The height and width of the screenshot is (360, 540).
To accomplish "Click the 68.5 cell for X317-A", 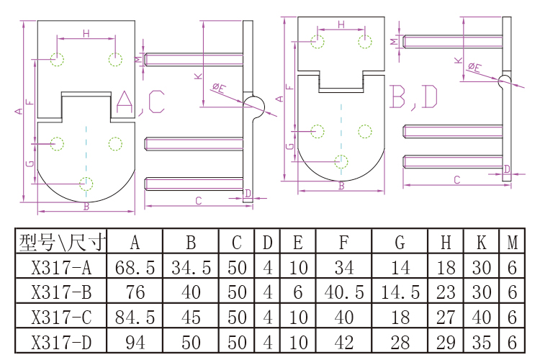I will (135, 269).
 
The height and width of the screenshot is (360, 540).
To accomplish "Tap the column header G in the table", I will (400, 243).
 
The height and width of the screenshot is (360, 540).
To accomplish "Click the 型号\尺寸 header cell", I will (61, 243).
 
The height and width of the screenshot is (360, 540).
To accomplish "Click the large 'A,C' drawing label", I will (140, 103).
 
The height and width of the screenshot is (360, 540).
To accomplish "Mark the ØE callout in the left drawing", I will (219, 88).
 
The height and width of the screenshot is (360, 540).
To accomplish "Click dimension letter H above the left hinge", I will (86, 33).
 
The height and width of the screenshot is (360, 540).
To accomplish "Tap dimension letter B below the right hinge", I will (341, 186).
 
